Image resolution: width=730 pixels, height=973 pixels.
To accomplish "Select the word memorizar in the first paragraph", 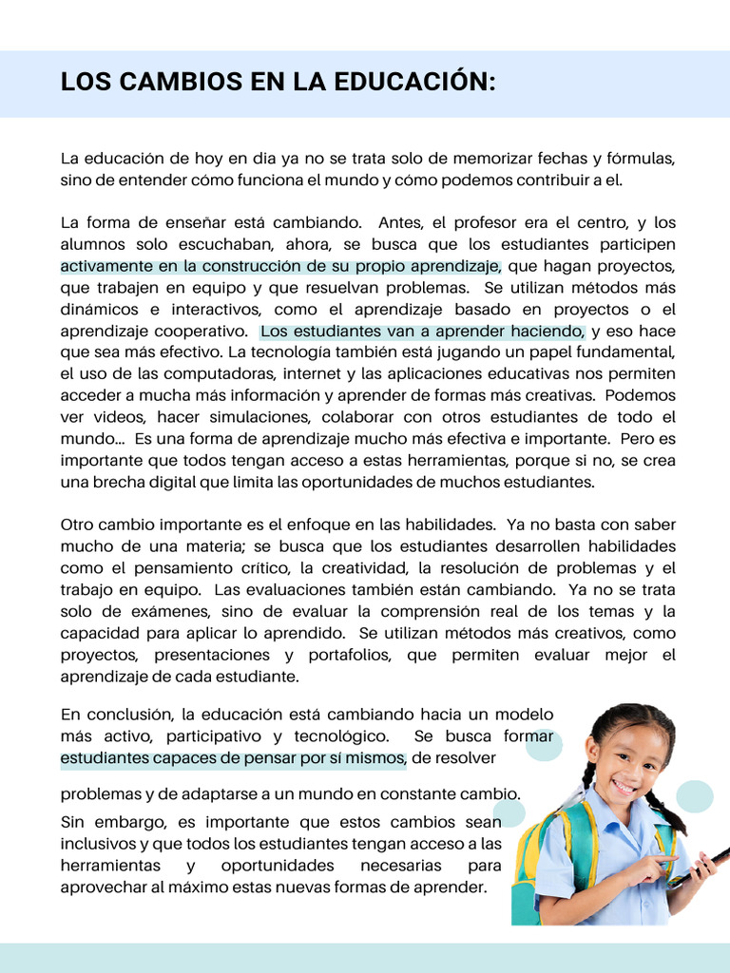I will (481, 158).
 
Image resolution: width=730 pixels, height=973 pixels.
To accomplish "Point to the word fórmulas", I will (637, 158).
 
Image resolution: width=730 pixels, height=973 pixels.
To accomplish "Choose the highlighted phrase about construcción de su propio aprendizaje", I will (280, 266).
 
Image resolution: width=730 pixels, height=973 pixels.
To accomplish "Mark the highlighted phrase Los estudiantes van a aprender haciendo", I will (423, 331).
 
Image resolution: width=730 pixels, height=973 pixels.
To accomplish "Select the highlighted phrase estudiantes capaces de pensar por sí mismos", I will (233, 758).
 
